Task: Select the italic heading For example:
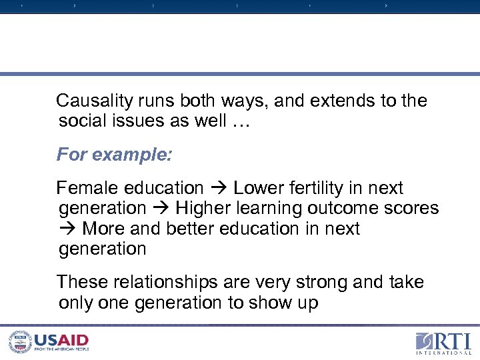[x=114, y=155]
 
